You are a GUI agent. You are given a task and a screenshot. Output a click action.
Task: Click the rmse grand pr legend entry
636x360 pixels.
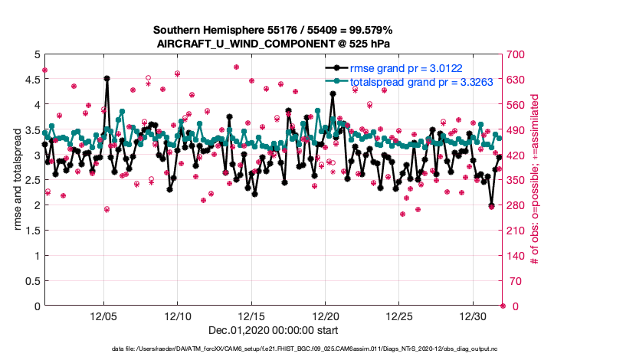tap(411, 68)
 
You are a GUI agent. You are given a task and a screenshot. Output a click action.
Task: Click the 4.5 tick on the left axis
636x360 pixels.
tap(31, 80)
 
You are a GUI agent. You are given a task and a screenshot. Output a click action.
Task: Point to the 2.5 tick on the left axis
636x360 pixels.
tap(31, 180)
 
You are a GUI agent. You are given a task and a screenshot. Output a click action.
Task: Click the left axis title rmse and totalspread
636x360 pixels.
tap(18, 180)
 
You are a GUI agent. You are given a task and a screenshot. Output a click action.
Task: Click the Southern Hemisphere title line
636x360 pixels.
tap(273, 30)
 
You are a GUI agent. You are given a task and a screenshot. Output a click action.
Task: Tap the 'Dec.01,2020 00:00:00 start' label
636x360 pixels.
tap(273, 330)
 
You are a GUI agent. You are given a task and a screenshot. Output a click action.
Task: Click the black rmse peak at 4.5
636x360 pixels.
tap(107, 79)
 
